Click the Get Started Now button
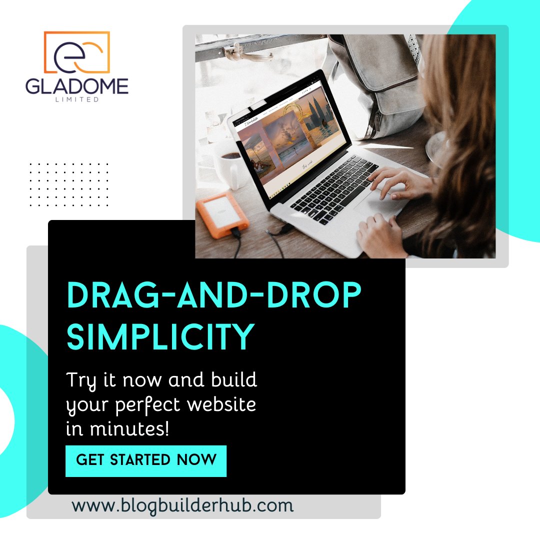pos(146,460)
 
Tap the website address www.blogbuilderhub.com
pos(182,505)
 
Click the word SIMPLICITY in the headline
pos(160,337)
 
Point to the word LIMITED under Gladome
pos(77,99)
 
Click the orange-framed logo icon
pos(76,52)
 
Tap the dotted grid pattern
pos(69,184)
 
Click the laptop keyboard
pos(335,187)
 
